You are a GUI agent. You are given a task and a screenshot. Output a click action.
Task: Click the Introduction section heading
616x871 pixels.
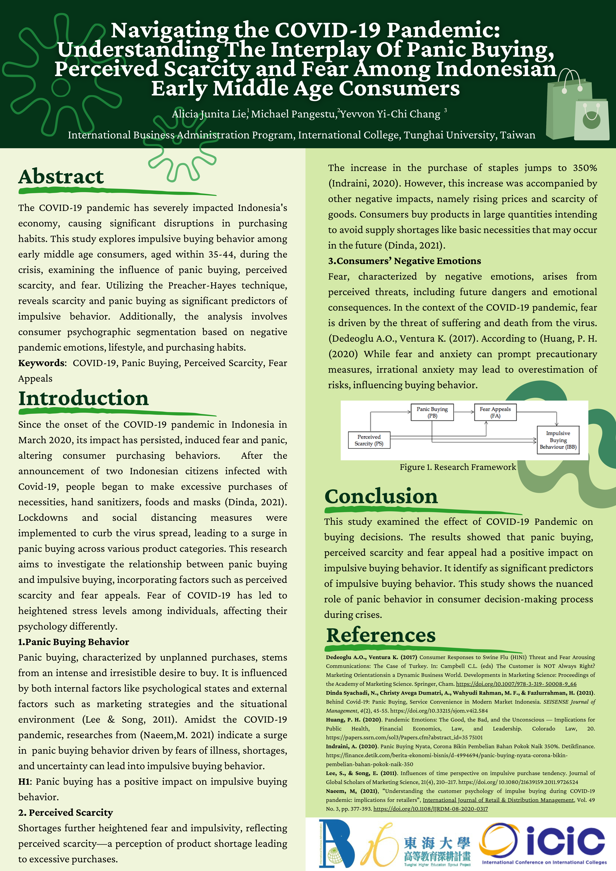[83, 398]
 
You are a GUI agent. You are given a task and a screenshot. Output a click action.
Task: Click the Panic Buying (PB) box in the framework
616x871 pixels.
[432, 412]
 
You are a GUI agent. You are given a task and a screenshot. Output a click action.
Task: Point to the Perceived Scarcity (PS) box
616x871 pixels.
[369, 440]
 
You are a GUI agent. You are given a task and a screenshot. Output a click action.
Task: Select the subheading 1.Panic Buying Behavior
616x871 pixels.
[74, 642]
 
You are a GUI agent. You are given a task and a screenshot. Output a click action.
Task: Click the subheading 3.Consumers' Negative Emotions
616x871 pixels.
[404, 261]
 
